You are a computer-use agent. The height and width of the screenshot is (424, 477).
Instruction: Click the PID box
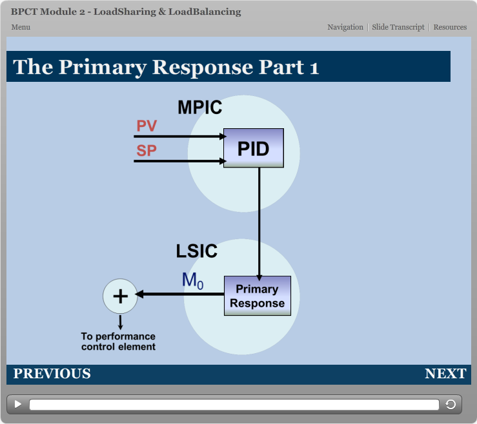[253, 148]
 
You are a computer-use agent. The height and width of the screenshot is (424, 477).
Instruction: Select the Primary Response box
[257, 296]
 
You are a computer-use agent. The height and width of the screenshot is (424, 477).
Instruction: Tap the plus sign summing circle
[120, 296]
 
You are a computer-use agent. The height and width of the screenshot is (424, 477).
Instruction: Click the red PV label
[147, 126]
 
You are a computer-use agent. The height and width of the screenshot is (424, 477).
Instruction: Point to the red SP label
[147, 151]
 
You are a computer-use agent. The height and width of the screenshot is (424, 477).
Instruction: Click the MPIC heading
[199, 108]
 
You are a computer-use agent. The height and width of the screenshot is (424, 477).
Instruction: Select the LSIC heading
[197, 251]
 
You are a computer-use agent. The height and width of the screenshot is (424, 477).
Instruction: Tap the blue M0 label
[192, 280]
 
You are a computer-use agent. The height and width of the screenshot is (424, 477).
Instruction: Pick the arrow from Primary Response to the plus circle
[181, 294]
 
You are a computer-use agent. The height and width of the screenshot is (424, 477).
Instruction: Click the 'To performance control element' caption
[118, 342]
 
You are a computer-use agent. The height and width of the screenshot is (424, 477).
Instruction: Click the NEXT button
[445, 374]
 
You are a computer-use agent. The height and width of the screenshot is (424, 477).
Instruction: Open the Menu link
[21, 27]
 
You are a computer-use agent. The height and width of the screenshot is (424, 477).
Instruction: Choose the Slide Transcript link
[398, 27]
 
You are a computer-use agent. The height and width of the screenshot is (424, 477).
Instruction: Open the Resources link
[450, 27]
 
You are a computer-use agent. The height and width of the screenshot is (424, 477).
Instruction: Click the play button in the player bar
[18, 404]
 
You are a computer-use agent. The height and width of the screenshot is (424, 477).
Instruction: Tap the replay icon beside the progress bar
[451, 404]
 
